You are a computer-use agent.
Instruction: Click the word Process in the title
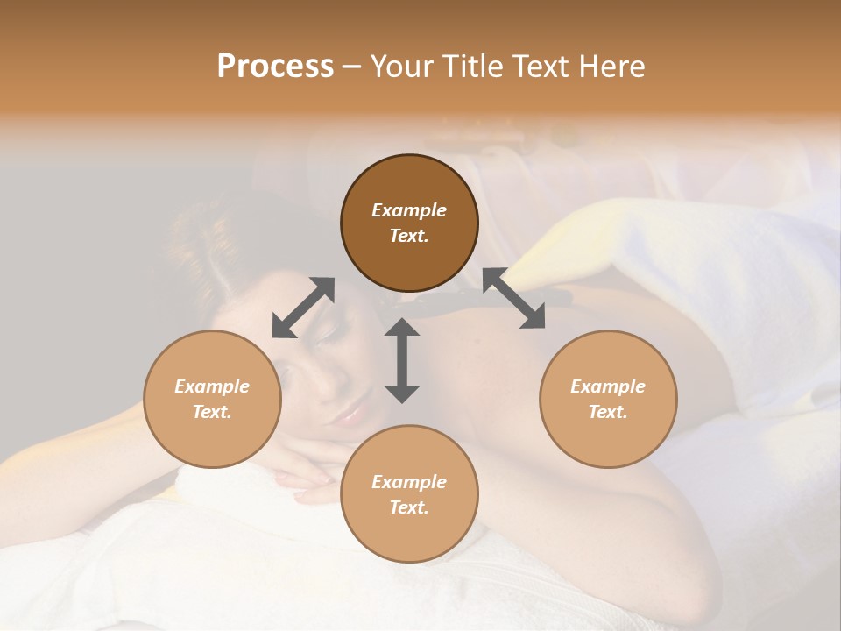point(275,67)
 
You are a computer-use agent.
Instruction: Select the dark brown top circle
point(409,223)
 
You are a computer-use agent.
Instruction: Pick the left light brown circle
point(212,399)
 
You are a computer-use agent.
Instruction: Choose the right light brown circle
point(608,399)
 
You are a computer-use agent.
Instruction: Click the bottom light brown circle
point(409,494)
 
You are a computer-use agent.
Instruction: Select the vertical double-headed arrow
point(402,360)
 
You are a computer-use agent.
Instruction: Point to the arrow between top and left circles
point(304,307)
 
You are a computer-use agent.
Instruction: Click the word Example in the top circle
point(409,210)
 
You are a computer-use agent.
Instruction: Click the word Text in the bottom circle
point(408,507)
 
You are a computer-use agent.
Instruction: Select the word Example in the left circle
point(212,386)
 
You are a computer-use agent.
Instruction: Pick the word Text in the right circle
point(607,412)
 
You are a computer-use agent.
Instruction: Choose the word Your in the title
point(397,67)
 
